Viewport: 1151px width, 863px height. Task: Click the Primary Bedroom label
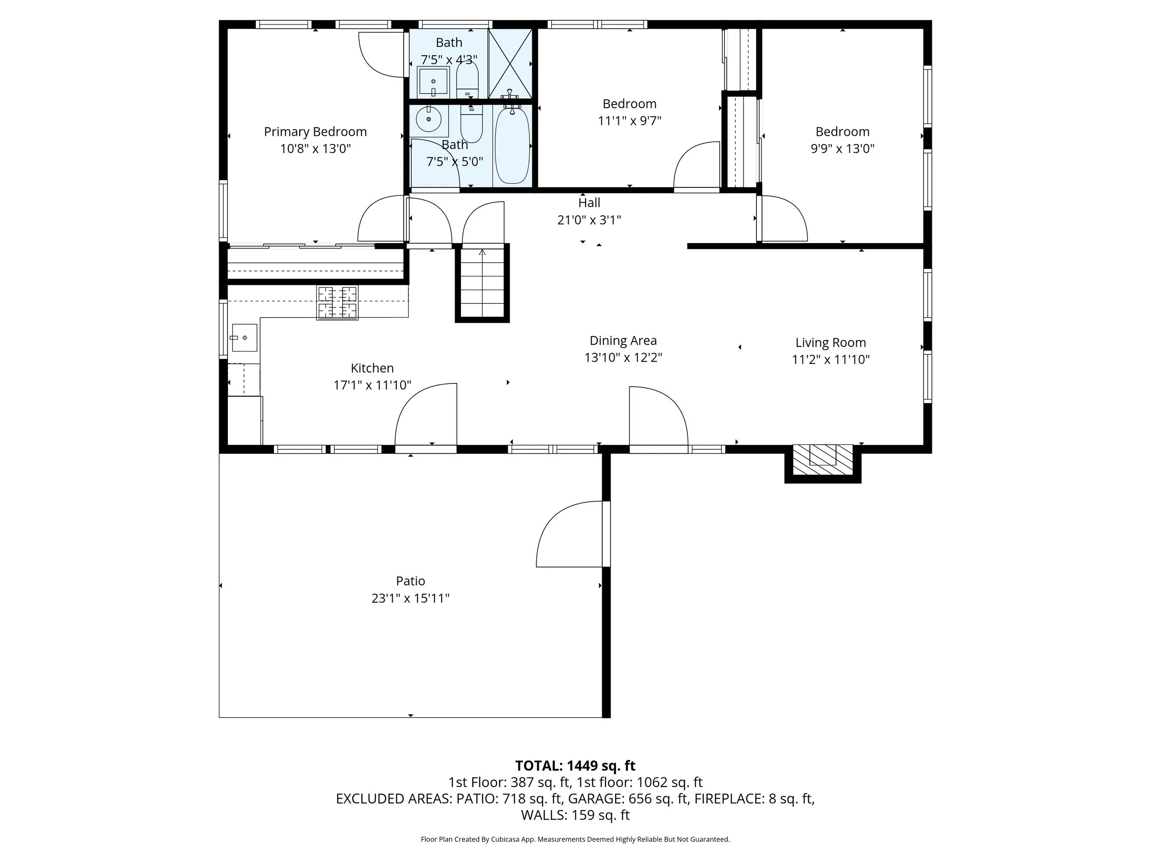[x=315, y=132]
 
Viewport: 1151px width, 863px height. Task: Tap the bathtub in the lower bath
[x=512, y=145]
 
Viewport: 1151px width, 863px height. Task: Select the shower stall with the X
[x=510, y=64]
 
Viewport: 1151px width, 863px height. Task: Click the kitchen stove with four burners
[x=337, y=302]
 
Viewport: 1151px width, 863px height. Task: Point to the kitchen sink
[x=244, y=337]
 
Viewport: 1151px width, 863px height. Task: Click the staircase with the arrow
[x=482, y=284]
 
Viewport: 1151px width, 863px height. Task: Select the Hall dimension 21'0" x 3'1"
[x=589, y=220]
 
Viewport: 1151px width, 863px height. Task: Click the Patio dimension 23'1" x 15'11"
[x=410, y=598]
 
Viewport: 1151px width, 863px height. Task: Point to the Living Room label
[x=831, y=342]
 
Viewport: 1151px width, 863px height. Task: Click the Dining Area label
[x=623, y=341]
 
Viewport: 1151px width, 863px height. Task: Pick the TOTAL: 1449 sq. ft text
[x=575, y=766]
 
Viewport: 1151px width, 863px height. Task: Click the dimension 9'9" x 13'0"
[x=842, y=149]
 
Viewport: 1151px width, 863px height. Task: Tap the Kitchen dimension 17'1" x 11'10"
[x=372, y=385]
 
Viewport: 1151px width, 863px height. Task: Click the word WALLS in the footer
[x=544, y=815]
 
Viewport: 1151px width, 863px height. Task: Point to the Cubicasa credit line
[x=575, y=839]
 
